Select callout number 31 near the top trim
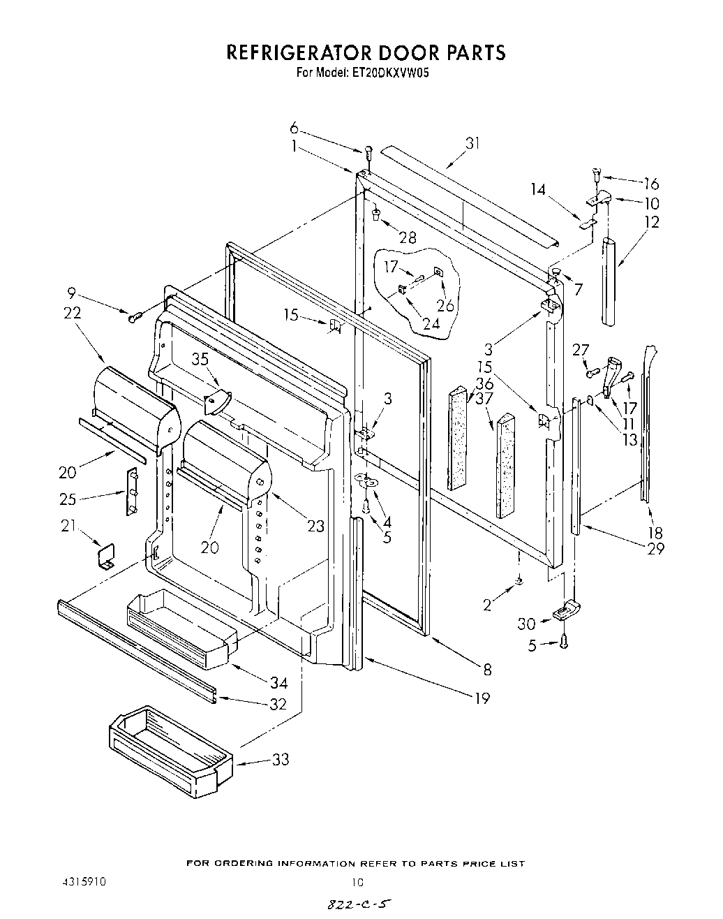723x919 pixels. click(474, 144)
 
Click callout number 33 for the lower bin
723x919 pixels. click(281, 759)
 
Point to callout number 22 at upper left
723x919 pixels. click(72, 314)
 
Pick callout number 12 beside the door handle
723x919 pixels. click(652, 223)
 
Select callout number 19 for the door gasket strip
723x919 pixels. click(482, 698)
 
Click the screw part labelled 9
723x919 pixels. click(134, 318)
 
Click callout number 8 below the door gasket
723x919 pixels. click(488, 670)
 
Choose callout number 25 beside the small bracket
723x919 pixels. click(68, 499)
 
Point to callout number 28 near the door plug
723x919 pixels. click(408, 238)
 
